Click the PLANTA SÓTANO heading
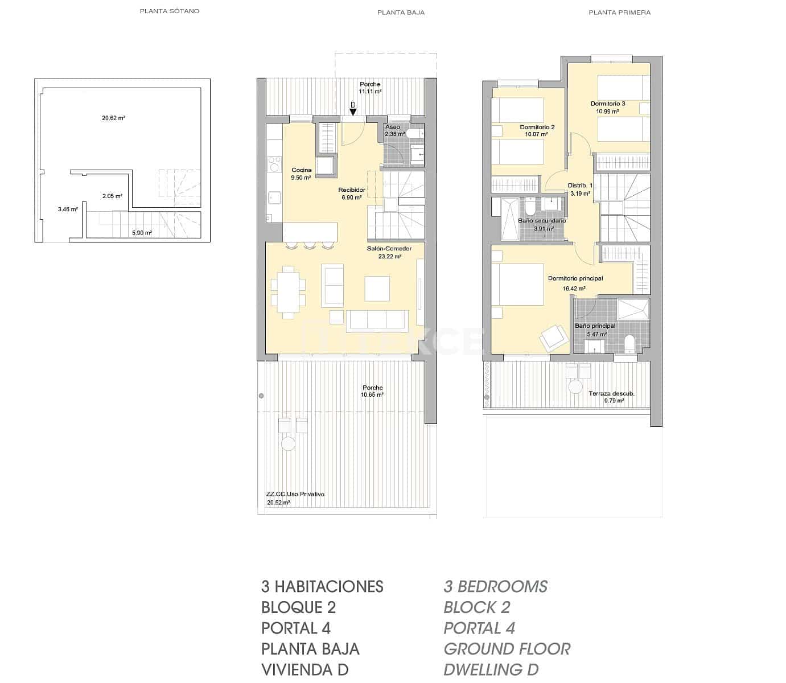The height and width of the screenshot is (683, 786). click(170, 11)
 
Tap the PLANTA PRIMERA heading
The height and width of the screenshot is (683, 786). click(619, 12)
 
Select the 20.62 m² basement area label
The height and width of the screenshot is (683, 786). click(113, 118)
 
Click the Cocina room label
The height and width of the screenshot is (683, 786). click(301, 170)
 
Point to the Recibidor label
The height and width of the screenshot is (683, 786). click(351, 190)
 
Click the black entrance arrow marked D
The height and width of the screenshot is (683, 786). click(353, 112)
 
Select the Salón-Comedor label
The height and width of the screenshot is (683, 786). click(389, 248)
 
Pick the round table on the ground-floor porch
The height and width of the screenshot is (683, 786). click(288, 443)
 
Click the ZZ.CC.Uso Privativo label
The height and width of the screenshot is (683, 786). click(295, 494)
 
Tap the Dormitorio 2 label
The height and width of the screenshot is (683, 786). click(537, 127)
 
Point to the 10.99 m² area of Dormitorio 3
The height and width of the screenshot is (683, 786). click(607, 112)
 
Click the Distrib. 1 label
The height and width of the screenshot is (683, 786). click(580, 186)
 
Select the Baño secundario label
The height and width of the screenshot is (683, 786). click(541, 221)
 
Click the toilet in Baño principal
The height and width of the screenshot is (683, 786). click(629, 344)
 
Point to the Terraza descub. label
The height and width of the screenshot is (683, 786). click(611, 393)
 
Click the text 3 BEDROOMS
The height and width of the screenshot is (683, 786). click(495, 586)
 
